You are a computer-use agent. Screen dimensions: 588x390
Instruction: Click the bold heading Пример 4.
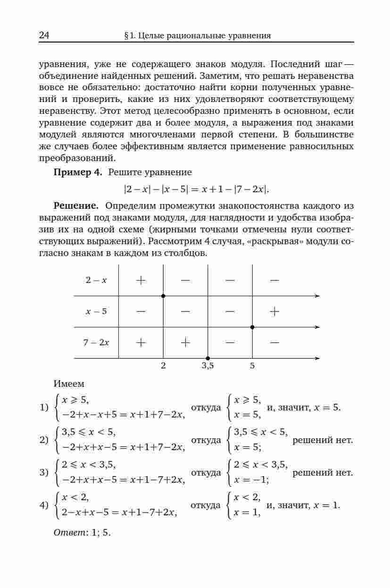click(78, 172)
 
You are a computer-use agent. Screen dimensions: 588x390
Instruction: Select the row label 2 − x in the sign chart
click(96, 280)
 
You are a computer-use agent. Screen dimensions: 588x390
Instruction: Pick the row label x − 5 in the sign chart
click(96, 311)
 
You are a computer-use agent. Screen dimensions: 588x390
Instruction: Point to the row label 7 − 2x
click(96, 342)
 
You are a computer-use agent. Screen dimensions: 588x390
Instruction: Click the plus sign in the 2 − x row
click(141, 280)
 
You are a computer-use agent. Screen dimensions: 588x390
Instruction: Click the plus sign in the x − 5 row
click(274, 311)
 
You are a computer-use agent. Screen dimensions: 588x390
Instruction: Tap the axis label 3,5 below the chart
click(207, 365)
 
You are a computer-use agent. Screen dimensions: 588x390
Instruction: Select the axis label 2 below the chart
click(163, 365)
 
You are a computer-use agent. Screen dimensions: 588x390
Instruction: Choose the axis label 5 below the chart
click(252, 365)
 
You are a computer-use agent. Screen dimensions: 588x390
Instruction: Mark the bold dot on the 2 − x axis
click(163, 296)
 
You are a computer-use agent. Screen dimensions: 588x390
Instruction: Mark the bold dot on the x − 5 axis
click(252, 327)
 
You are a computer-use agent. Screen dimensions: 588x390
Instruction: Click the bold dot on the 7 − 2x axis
click(207, 358)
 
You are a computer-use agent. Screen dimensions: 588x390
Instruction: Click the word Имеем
click(69, 384)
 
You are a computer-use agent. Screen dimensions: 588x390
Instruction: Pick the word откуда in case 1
click(206, 407)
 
